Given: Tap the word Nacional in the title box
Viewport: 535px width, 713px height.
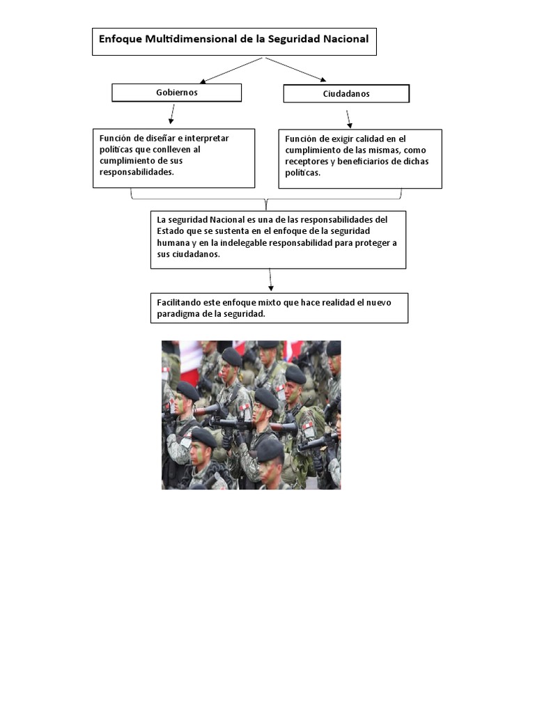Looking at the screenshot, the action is tap(342, 40).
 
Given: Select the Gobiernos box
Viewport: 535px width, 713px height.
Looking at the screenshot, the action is tap(177, 93).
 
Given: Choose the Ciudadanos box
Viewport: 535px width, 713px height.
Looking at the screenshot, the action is tap(346, 94).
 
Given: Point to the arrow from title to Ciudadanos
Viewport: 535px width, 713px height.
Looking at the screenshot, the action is tap(295, 69).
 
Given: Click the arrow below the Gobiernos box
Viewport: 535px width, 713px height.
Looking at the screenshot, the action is tap(171, 113).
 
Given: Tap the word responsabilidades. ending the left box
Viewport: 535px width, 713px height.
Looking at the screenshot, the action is tap(136, 171).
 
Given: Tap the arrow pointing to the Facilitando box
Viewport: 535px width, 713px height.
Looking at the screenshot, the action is tap(270, 280).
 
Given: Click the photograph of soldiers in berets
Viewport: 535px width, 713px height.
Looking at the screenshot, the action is tap(251, 415).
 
